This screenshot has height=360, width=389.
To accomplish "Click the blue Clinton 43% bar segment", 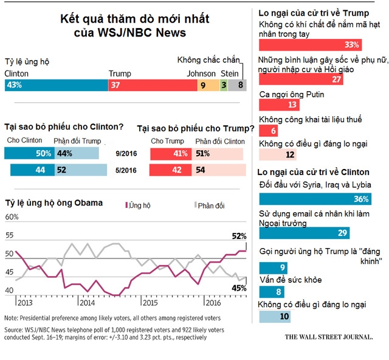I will [55, 85].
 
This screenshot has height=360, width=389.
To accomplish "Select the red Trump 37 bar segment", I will [152, 85].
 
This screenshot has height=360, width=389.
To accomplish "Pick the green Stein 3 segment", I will [224, 85].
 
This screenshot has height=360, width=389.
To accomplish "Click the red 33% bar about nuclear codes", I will [311, 44].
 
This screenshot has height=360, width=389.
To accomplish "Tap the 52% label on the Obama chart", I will [239, 236].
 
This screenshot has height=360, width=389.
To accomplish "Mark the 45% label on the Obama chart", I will [239, 288].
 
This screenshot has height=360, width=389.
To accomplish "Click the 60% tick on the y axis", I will [11, 218].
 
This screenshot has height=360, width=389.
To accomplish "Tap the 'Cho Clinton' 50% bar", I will [29, 154].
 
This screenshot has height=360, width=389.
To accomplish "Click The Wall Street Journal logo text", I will [328, 336].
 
